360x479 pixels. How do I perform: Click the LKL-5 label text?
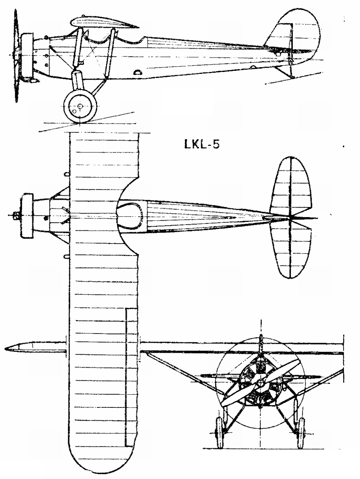coord(202,144)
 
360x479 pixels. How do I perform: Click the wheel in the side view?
coord(80,106)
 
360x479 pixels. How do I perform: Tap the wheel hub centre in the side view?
coord(80,106)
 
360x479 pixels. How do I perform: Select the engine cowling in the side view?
coord(27,55)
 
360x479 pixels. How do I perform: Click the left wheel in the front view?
coord(220,432)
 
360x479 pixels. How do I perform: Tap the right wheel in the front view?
coord(301,432)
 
